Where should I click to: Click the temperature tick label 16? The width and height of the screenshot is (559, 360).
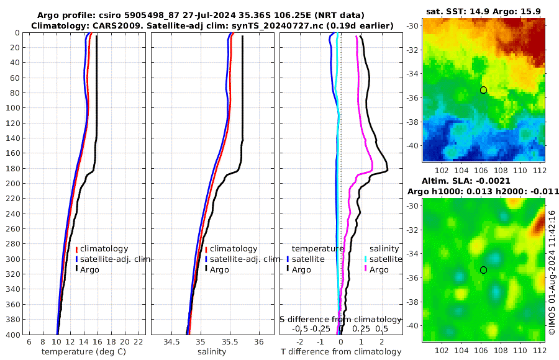coord(98,343)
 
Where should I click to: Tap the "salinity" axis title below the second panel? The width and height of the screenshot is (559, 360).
coord(211,352)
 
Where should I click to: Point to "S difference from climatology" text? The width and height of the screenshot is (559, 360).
coord(341,319)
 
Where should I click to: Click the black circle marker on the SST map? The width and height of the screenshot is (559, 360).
coord(483,90)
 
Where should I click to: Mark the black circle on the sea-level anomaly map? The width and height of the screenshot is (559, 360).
coord(483,270)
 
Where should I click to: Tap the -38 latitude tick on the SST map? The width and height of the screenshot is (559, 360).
coord(413,122)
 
